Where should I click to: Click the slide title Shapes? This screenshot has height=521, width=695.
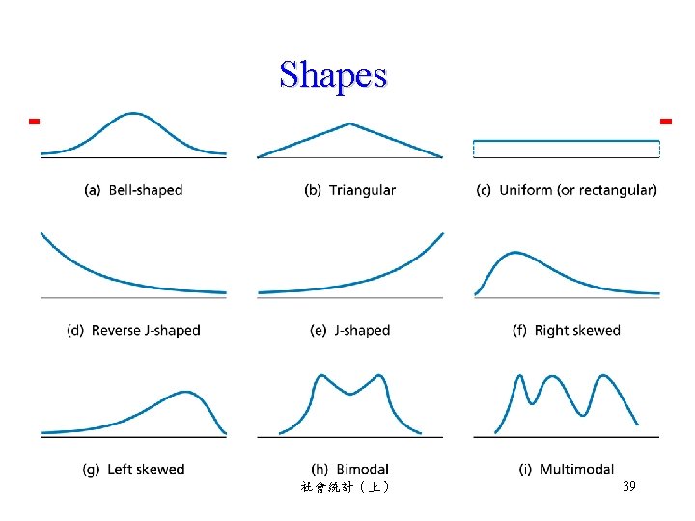click(333, 74)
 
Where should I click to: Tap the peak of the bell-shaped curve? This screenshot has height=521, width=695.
click(134, 114)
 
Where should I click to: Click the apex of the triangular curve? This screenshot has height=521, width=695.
click(349, 123)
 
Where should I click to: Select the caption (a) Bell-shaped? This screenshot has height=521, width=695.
click(133, 190)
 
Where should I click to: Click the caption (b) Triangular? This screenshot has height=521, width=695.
click(349, 190)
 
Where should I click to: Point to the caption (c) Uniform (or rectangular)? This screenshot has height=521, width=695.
click(567, 190)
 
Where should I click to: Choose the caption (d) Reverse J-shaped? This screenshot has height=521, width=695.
click(133, 330)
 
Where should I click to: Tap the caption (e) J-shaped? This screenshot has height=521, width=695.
click(349, 330)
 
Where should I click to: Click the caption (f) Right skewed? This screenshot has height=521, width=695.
click(567, 330)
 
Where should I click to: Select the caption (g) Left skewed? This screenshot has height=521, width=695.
click(133, 470)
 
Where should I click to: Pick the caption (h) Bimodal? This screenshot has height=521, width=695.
click(349, 470)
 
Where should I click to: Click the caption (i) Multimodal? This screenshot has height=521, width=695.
click(567, 470)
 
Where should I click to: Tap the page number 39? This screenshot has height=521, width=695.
click(628, 488)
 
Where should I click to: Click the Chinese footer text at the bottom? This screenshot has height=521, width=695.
click(345, 488)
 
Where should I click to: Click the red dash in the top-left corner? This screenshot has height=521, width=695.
click(33, 122)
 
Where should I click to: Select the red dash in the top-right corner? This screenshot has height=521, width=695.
click(665, 122)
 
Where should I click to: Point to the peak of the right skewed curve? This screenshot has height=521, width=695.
click(515, 254)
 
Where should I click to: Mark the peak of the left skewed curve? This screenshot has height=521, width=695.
click(185, 393)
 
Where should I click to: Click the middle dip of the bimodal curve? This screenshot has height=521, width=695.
click(350, 393)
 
